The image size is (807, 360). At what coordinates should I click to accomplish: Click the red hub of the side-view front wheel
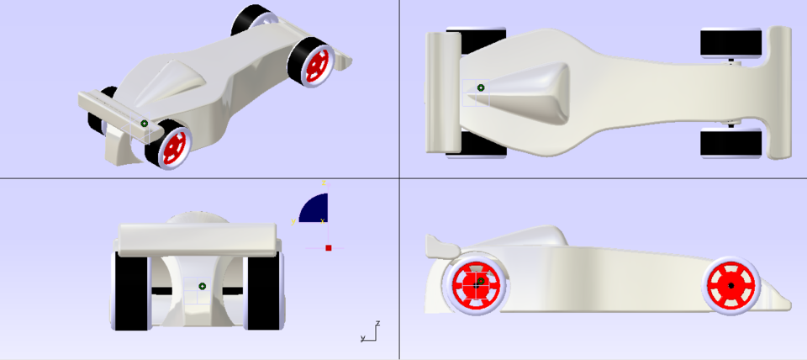pyautogui.click(x=731, y=286)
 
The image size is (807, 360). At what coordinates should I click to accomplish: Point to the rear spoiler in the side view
pyautogui.click(x=439, y=246)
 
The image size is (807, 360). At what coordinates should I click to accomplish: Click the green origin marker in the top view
pyautogui.click(x=481, y=87)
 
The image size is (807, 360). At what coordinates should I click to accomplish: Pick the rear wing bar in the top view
pyautogui.click(x=436, y=93)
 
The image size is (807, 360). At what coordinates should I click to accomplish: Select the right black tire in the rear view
pyautogui.click(x=261, y=291)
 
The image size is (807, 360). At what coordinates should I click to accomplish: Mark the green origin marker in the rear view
pyautogui.click(x=203, y=287)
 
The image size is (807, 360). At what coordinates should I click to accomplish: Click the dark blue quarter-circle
pyautogui.click(x=315, y=209)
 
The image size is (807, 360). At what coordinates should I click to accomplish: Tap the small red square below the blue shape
pyautogui.click(x=329, y=248)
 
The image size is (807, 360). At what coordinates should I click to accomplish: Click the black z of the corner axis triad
pyautogui.click(x=379, y=323)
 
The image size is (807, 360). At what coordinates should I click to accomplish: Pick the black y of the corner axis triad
pyautogui.click(x=362, y=338)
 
